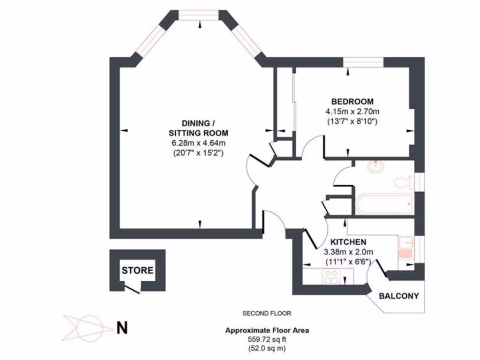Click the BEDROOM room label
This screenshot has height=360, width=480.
pos(352,101)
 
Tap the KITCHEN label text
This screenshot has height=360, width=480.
pos(348,242)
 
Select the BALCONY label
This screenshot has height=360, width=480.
pos(398,296)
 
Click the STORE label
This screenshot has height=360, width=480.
pos(137,270)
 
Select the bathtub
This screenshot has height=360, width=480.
pos(384,203)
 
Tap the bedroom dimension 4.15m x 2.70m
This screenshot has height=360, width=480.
pos(352,112)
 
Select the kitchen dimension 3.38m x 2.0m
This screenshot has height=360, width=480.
pos(348,252)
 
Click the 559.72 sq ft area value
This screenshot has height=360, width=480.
pos(267,339)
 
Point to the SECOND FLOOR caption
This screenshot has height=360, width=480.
pos(267,313)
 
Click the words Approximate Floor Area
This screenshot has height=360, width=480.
pos(267,330)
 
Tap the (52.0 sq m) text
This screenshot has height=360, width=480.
pos(267,348)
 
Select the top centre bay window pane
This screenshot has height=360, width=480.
pos(199,16)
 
